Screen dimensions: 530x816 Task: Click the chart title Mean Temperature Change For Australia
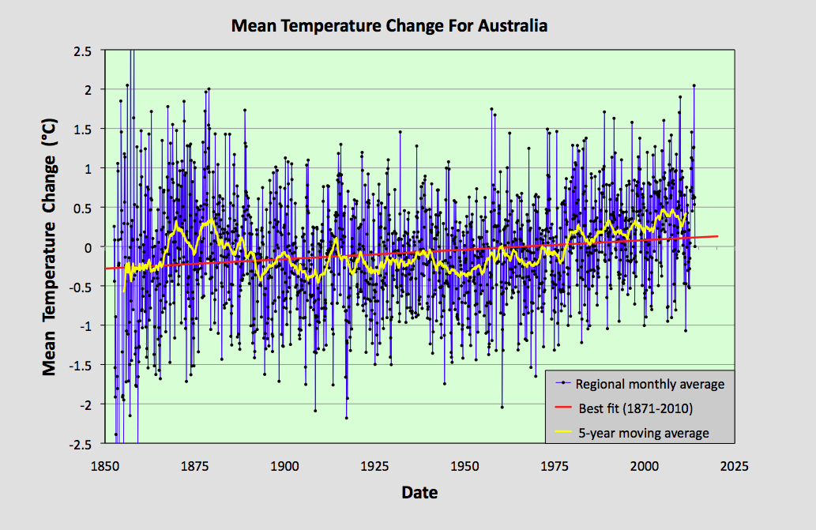[x=389, y=25]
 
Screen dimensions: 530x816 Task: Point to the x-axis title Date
[x=419, y=493]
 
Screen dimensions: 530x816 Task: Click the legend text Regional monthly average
[x=649, y=385]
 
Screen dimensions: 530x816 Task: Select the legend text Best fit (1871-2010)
[x=635, y=408]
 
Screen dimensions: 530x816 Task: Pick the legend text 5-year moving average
[x=642, y=433]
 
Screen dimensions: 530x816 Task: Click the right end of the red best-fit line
[x=717, y=235]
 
